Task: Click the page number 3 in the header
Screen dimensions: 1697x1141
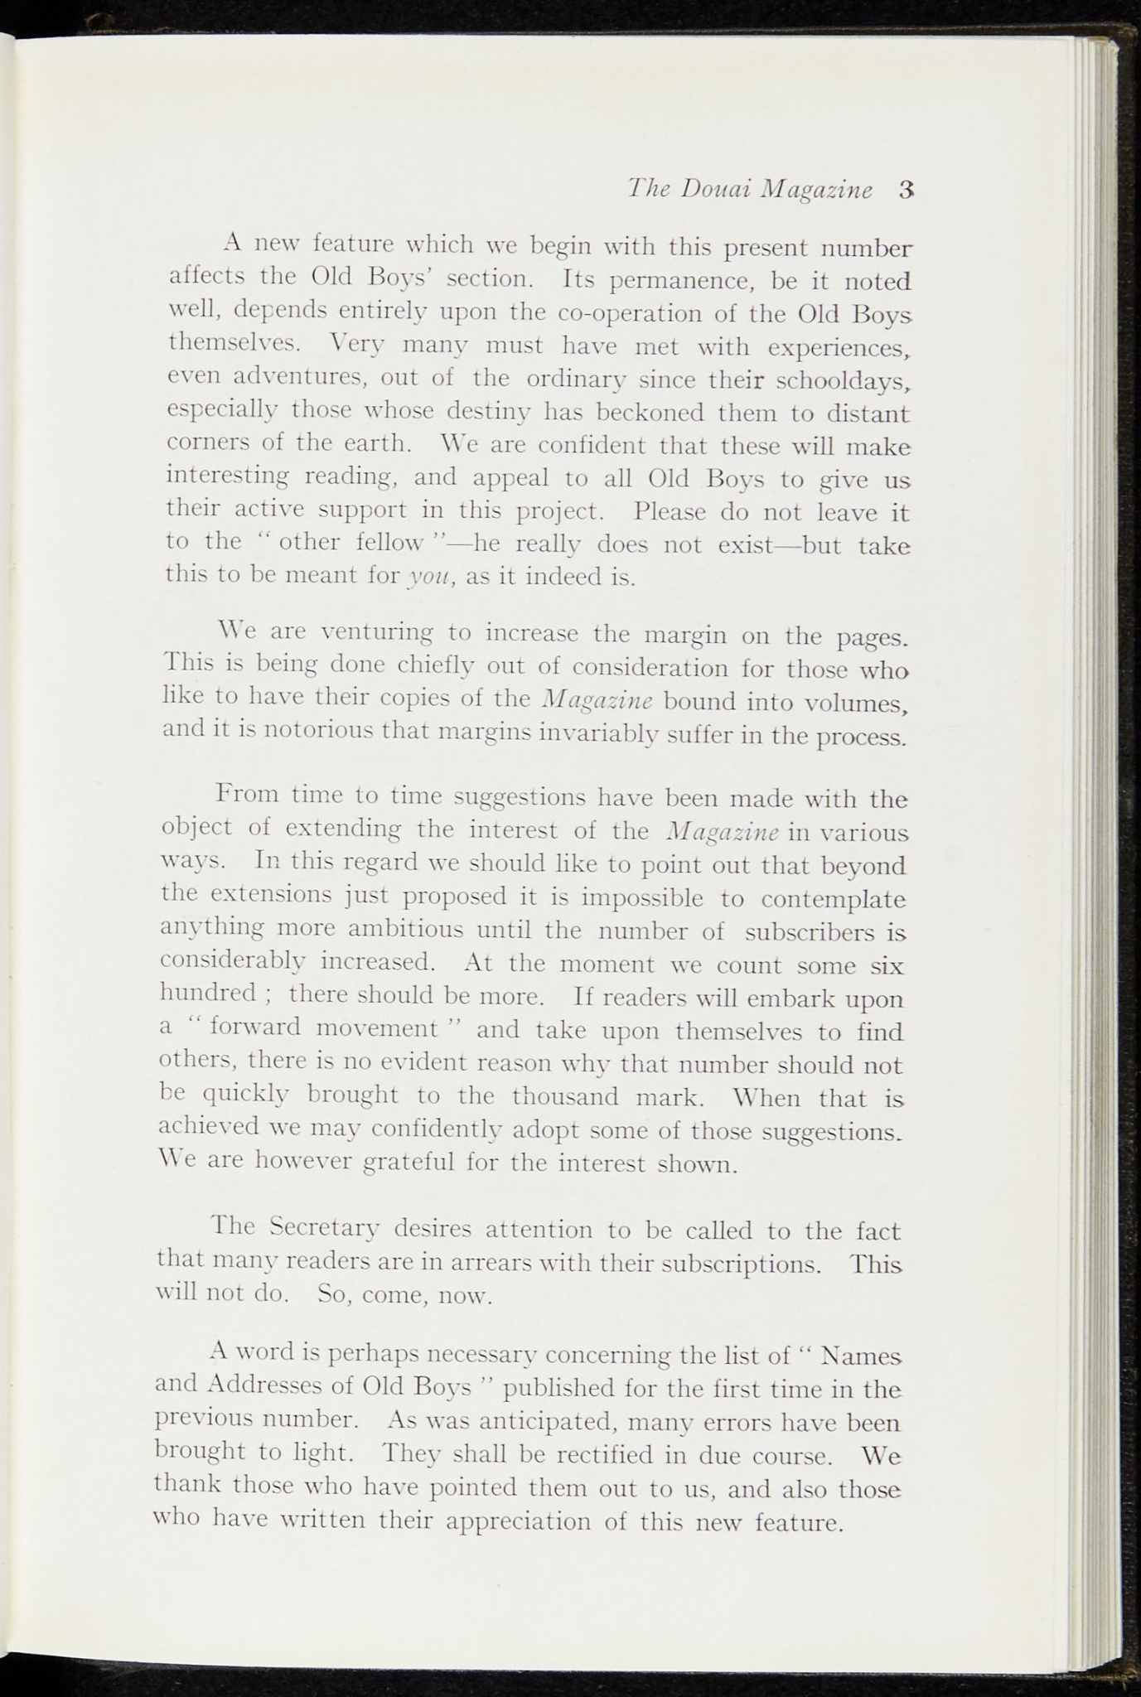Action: [905, 190]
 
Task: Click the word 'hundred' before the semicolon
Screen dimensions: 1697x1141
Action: [208, 993]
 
